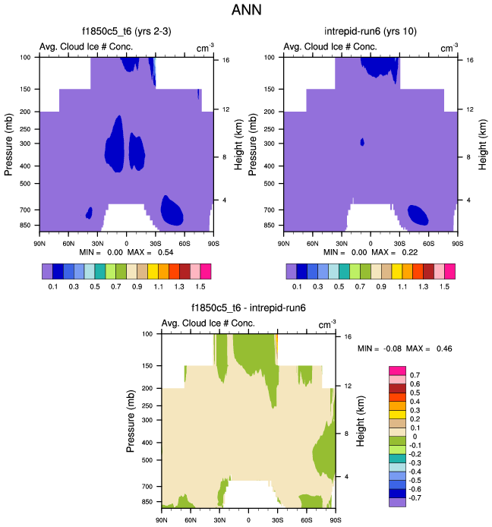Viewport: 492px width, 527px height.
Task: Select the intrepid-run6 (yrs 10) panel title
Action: point(369,32)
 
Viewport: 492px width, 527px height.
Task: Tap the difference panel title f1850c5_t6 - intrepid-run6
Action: point(248,309)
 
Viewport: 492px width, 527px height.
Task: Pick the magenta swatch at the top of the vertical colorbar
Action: point(398,370)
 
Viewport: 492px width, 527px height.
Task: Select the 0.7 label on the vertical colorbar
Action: point(415,375)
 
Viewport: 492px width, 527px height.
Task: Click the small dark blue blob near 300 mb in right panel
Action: point(362,142)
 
